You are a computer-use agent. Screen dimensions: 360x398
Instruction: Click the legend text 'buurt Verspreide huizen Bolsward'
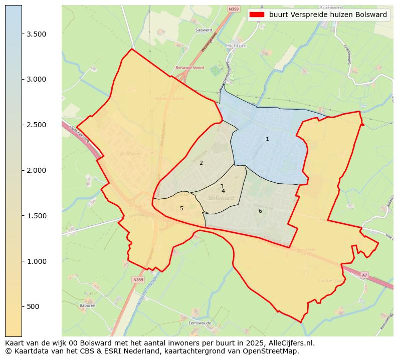[x=328, y=15]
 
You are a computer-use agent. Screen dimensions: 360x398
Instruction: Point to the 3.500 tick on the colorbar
[x=37, y=34]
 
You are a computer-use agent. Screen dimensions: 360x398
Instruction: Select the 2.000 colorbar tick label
[x=37, y=170]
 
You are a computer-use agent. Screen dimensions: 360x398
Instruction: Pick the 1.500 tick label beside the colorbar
[x=37, y=216]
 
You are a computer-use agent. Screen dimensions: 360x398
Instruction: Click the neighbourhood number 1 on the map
[x=267, y=139]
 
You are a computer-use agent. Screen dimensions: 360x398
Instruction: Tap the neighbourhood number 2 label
[x=201, y=163]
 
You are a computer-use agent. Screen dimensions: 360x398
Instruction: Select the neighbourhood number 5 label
[x=181, y=208]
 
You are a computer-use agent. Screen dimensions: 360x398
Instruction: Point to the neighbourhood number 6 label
[x=260, y=211]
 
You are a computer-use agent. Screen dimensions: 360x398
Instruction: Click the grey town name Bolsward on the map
[x=221, y=198]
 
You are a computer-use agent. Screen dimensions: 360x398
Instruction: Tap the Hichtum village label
[x=236, y=46]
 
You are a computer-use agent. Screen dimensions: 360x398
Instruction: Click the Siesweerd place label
[x=204, y=30]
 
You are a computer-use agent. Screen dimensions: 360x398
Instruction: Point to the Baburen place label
[x=87, y=305]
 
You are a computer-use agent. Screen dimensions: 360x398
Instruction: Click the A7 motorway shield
[x=364, y=275]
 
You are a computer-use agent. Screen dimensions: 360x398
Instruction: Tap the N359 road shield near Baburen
[x=138, y=279]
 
